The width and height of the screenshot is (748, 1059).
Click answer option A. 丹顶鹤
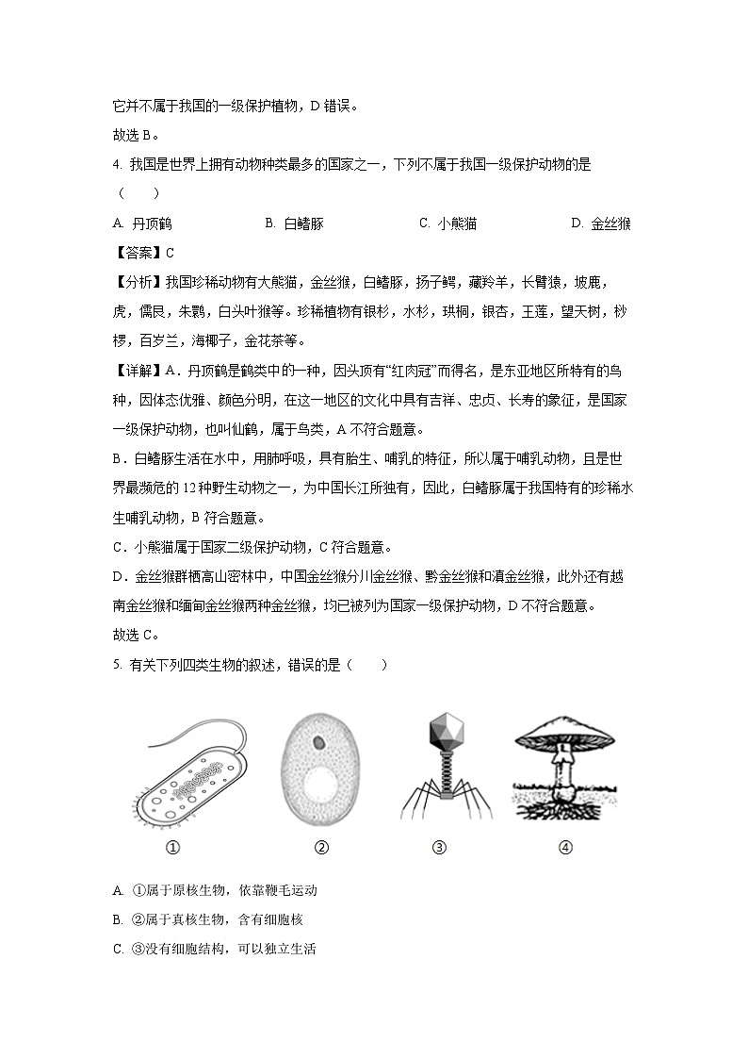coord(141,223)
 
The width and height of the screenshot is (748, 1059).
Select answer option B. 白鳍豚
coord(295,223)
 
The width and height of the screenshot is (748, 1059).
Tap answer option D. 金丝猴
coord(601,223)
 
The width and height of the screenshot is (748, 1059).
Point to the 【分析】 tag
coord(138,282)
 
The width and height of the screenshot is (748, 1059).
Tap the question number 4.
coord(116,165)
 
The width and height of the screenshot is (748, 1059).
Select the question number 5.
coord(116,665)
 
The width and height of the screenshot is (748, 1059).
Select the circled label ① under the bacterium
coord(172,848)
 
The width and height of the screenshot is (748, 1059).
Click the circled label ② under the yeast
coord(321,848)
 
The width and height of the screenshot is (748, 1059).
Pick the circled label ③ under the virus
coord(439,848)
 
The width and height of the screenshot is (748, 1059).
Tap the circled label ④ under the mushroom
coord(565,848)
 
